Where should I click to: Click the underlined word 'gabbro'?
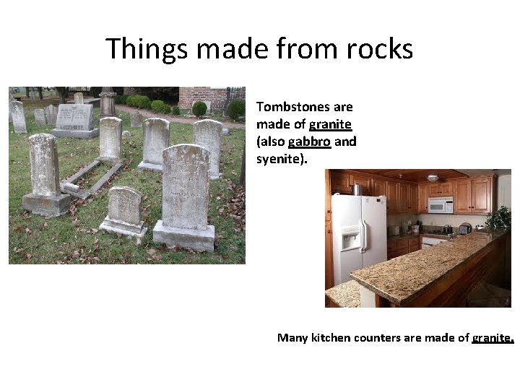pos(309,142)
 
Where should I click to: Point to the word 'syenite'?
pos(279,158)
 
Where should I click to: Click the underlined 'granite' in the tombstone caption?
pos(330,124)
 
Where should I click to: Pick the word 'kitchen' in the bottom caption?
pos(333,337)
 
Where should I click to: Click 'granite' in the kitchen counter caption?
pos(492,337)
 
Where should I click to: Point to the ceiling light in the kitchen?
pos(432,177)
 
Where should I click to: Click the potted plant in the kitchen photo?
pos(498,217)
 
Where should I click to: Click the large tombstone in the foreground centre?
pos(185,191)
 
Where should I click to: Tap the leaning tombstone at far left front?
pos(45,173)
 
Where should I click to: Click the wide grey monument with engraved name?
pos(74,119)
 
